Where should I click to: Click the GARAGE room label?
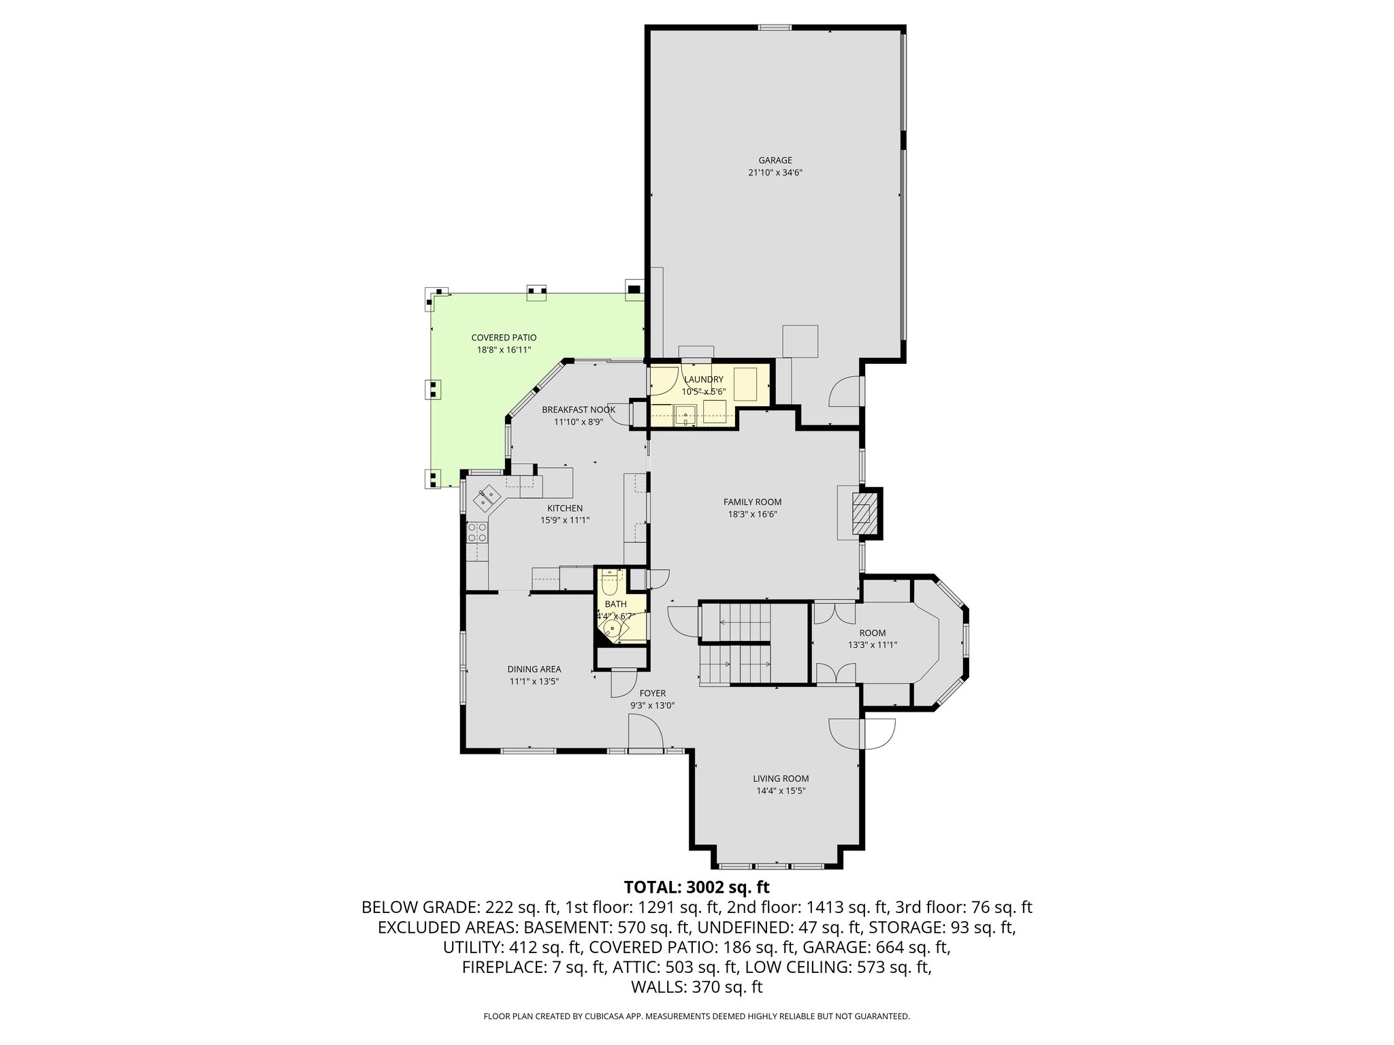(775, 161)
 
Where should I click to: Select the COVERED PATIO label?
(504, 337)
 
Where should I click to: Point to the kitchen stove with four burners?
(477, 532)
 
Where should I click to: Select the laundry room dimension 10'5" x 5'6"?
(704, 392)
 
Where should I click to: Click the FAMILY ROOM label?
(752, 502)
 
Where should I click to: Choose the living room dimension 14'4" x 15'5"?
(781, 791)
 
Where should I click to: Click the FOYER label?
(652, 693)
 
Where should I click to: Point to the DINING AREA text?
(534, 669)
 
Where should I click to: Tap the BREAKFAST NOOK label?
(579, 410)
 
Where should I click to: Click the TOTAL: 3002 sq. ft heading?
(696, 887)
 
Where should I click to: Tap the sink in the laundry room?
(685, 415)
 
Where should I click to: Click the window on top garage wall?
(775, 28)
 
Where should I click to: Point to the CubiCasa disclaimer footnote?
(696, 1016)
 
